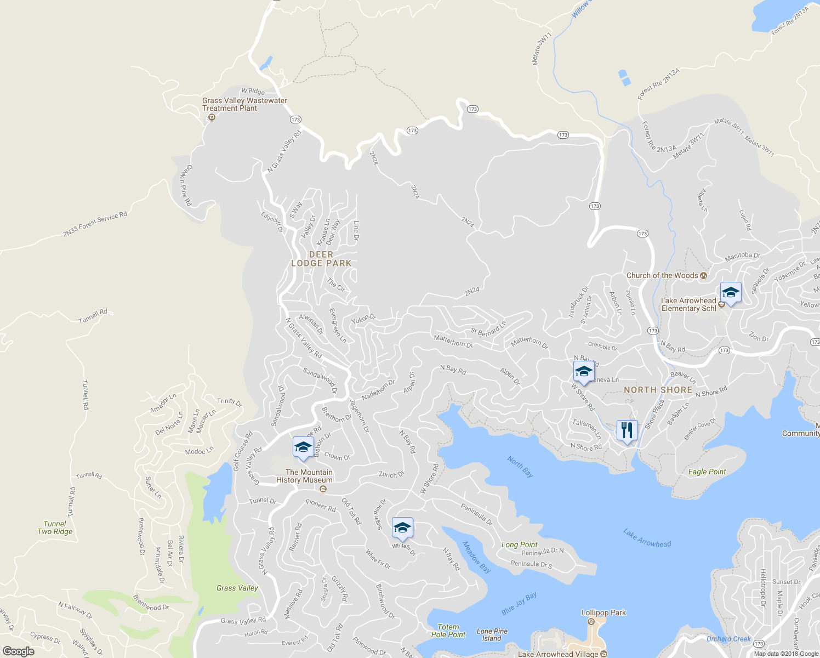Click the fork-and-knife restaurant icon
pyautogui.click(x=627, y=430)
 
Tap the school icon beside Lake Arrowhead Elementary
pyautogui.click(x=731, y=293)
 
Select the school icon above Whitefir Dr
pyautogui.click(x=402, y=528)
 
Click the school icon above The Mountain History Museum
pyautogui.click(x=303, y=447)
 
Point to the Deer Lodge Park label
pyautogui.click(x=321, y=259)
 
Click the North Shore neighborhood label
pyautogui.click(x=658, y=390)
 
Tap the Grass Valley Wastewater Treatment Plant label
pyautogui.click(x=244, y=104)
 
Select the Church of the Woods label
pyautogui.click(x=662, y=275)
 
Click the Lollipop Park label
pyautogui.click(x=603, y=612)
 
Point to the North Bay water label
pyautogui.click(x=520, y=466)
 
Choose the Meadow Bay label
pyautogui.click(x=476, y=557)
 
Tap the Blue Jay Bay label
pyautogui.click(x=519, y=603)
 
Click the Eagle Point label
pyautogui.click(x=707, y=472)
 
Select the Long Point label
pyautogui.click(x=520, y=544)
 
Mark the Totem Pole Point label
pyautogui.click(x=448, y=631)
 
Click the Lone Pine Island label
pyautogui.click(x=492, y=635)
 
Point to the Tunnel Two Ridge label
pyautogui.click(x=55, y=527)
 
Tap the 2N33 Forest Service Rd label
pyautogui.click(x=95, y=224)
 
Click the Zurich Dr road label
pyautogui.click(x=391, y=474)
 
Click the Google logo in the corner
pyautogui.click(x=18, y=651)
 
